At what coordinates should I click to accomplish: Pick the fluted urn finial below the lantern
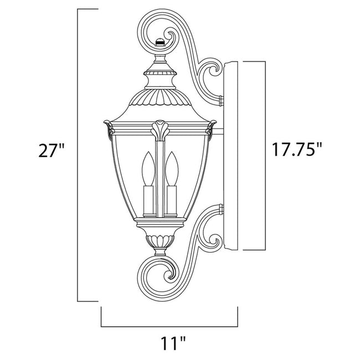click(x=161, y=242)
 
